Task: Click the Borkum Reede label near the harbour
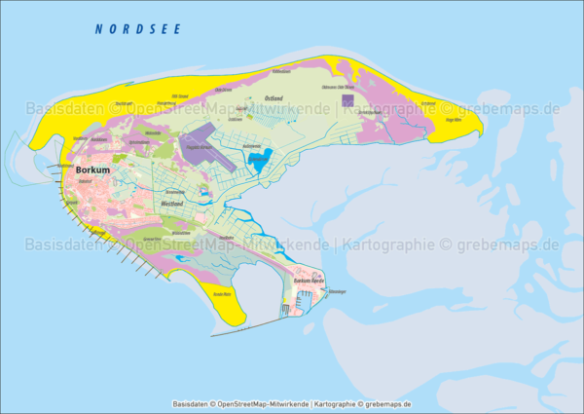(x=308, y=281)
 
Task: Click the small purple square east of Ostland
(x=348, y=98)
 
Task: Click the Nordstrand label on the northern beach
(x=124, y=103)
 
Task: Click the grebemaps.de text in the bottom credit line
(x=387, y=403)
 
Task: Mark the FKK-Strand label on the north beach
(x=180, y=95)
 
